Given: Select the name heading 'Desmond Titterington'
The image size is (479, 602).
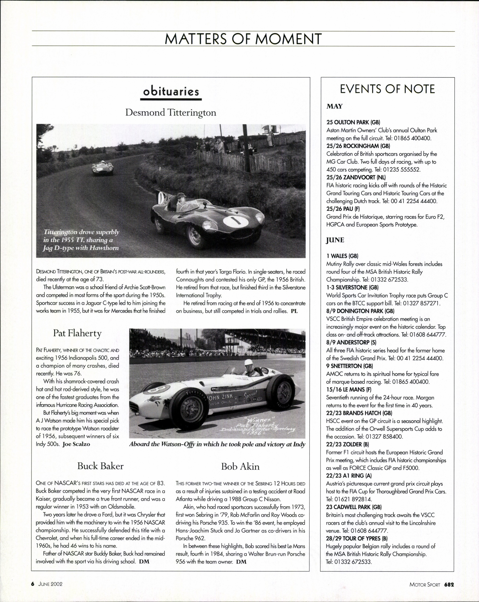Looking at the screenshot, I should pyautogui.click(x=171, y=113).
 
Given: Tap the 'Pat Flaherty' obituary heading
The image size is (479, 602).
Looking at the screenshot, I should pyautogui.click(x=77, y=333).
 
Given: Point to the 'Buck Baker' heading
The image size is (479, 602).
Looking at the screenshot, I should pyautogui.click(x=100, y=466).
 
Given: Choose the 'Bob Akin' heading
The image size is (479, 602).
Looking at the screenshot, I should pyautogui.click(x=240, y=467).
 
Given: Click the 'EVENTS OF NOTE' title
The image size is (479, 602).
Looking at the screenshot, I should pyautogui.click(x=387, y=89).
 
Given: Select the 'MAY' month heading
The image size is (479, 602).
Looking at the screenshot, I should pyautogui.click(x=334, y=106).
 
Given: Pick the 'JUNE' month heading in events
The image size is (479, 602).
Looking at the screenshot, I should pyautogui.click(x=335, y=240).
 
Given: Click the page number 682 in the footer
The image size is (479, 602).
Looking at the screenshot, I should pyautogui.click(x=449, y=584).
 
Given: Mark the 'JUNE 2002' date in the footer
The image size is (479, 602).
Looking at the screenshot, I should pyautogui.click(x=50, y=584).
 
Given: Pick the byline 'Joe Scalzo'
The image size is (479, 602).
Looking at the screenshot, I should pyautogui.click(x=76, y=444).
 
